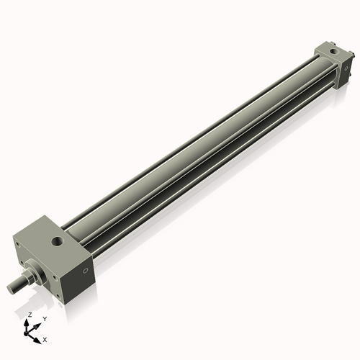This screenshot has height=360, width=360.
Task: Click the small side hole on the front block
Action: coord(85,271)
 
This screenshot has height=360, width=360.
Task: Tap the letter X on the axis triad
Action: coord(45,338)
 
